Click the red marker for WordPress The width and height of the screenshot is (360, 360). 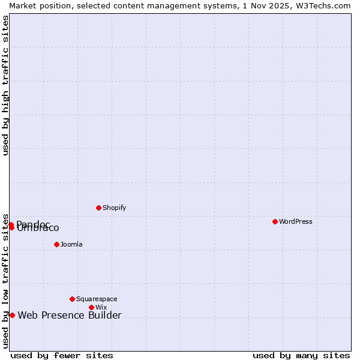pyautogui.click(x=275, y=221)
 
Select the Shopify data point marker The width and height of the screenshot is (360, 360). pyautogui.click(x=99, y=208)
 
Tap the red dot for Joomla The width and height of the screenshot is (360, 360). pyautogui.click(x=57, y=244)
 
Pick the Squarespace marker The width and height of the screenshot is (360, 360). pyautogui.click(x=73, y=299)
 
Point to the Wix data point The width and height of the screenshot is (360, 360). pyautogui.click(x=92, y=307)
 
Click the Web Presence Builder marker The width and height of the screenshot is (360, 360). pyautogui.click(x=12, y=315)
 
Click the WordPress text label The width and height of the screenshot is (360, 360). pyautogui.click(x=296, y=221)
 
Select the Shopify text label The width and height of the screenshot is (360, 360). pyautogui.click(x=114, y=208)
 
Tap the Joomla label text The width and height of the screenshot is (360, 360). pyautogui.click(x=71, y=244)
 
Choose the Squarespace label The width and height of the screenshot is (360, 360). pyautogui.click(x=97, y=299)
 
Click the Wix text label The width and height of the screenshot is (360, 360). pyautogui.click(x=101, y=307)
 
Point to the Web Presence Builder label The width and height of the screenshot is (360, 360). pyautogui.click(x=70, y=315)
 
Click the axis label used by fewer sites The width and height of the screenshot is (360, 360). pyautogui.click(x=62, y=355)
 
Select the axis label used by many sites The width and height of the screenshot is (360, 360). pyautogui.click(x=301, y=355)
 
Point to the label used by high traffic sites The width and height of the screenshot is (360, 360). pyautogui.click(x=5, y=85)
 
